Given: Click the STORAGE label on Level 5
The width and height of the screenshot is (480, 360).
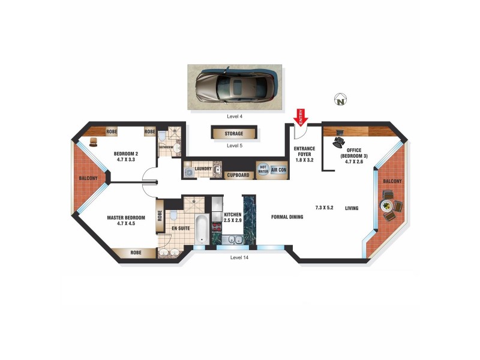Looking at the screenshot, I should click(x=234, y=133).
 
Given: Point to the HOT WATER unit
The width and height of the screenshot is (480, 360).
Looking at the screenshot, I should click(x=263, y=170).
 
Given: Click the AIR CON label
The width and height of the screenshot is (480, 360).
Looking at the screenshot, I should click(x=279, y=170).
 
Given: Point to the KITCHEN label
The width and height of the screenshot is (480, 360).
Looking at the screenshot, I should click(x=232, y=214).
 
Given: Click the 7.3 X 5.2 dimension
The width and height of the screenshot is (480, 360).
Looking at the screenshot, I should click(x=325, y=208).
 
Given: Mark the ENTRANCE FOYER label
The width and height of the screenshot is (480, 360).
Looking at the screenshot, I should click(x=304, y=152).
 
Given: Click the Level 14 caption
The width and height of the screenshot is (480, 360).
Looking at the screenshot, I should click(x=239, y=257).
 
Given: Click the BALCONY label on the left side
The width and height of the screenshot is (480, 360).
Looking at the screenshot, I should click(x=88, y=178).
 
